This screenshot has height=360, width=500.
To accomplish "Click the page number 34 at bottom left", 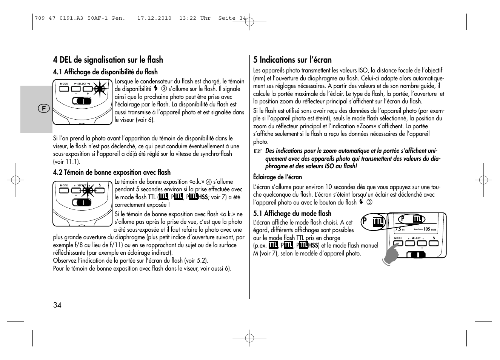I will coord(57,305).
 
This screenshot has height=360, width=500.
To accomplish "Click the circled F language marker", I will coord(44,109).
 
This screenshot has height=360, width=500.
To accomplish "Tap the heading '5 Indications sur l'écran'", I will coord(292,60).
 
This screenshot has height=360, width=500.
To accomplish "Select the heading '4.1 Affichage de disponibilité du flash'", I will coord(105,72).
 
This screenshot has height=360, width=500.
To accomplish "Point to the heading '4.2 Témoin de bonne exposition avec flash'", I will coord(112,172).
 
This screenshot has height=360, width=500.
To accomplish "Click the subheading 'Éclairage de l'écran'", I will coord(277,177).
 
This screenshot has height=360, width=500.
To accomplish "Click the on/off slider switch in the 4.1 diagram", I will coord(82,101).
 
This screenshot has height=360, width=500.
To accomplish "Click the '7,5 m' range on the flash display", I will coord(400,229).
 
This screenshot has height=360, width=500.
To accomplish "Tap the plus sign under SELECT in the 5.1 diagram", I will coord(422,248).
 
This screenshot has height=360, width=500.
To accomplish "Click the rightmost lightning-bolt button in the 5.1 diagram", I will coord(434,243).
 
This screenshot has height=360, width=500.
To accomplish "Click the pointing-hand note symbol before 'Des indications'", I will coord(257,151).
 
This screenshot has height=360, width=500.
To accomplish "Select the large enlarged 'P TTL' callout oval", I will coord(372,222).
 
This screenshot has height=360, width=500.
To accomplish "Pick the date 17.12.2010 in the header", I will coord(154,18).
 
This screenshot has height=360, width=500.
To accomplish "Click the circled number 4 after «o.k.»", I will coord(208,182).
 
